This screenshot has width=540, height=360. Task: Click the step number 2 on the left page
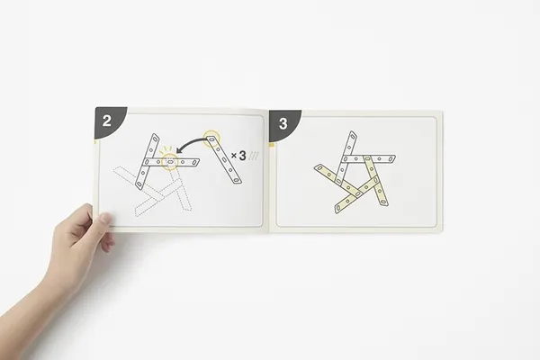click(107, 121)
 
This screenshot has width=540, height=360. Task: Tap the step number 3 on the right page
click(283, 123)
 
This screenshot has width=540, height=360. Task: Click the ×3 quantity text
click(239, 156)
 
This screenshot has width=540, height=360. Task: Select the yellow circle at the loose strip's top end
click(211, 139)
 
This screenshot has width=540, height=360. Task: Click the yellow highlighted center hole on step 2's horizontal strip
click(170, 162)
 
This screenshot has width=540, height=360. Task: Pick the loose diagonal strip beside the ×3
click(223, 159)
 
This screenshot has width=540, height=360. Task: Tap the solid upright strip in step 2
click(147, 162)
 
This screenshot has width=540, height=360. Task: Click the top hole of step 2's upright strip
click(155, 139)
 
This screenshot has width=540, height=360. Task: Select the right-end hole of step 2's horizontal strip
click(195, 162)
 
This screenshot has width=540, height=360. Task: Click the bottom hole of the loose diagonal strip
click(236, 179)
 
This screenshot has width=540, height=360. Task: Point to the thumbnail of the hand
click(104, 219)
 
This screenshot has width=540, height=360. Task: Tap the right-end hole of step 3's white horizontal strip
click(391, 159)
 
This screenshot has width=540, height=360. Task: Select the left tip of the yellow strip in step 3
click(315, 167)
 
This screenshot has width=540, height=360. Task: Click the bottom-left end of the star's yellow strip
click(337, 210)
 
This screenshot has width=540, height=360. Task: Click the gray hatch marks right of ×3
click(254, 156)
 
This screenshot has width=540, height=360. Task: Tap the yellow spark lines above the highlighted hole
click(166, 150)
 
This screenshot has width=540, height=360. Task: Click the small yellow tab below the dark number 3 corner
click(272, 146)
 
